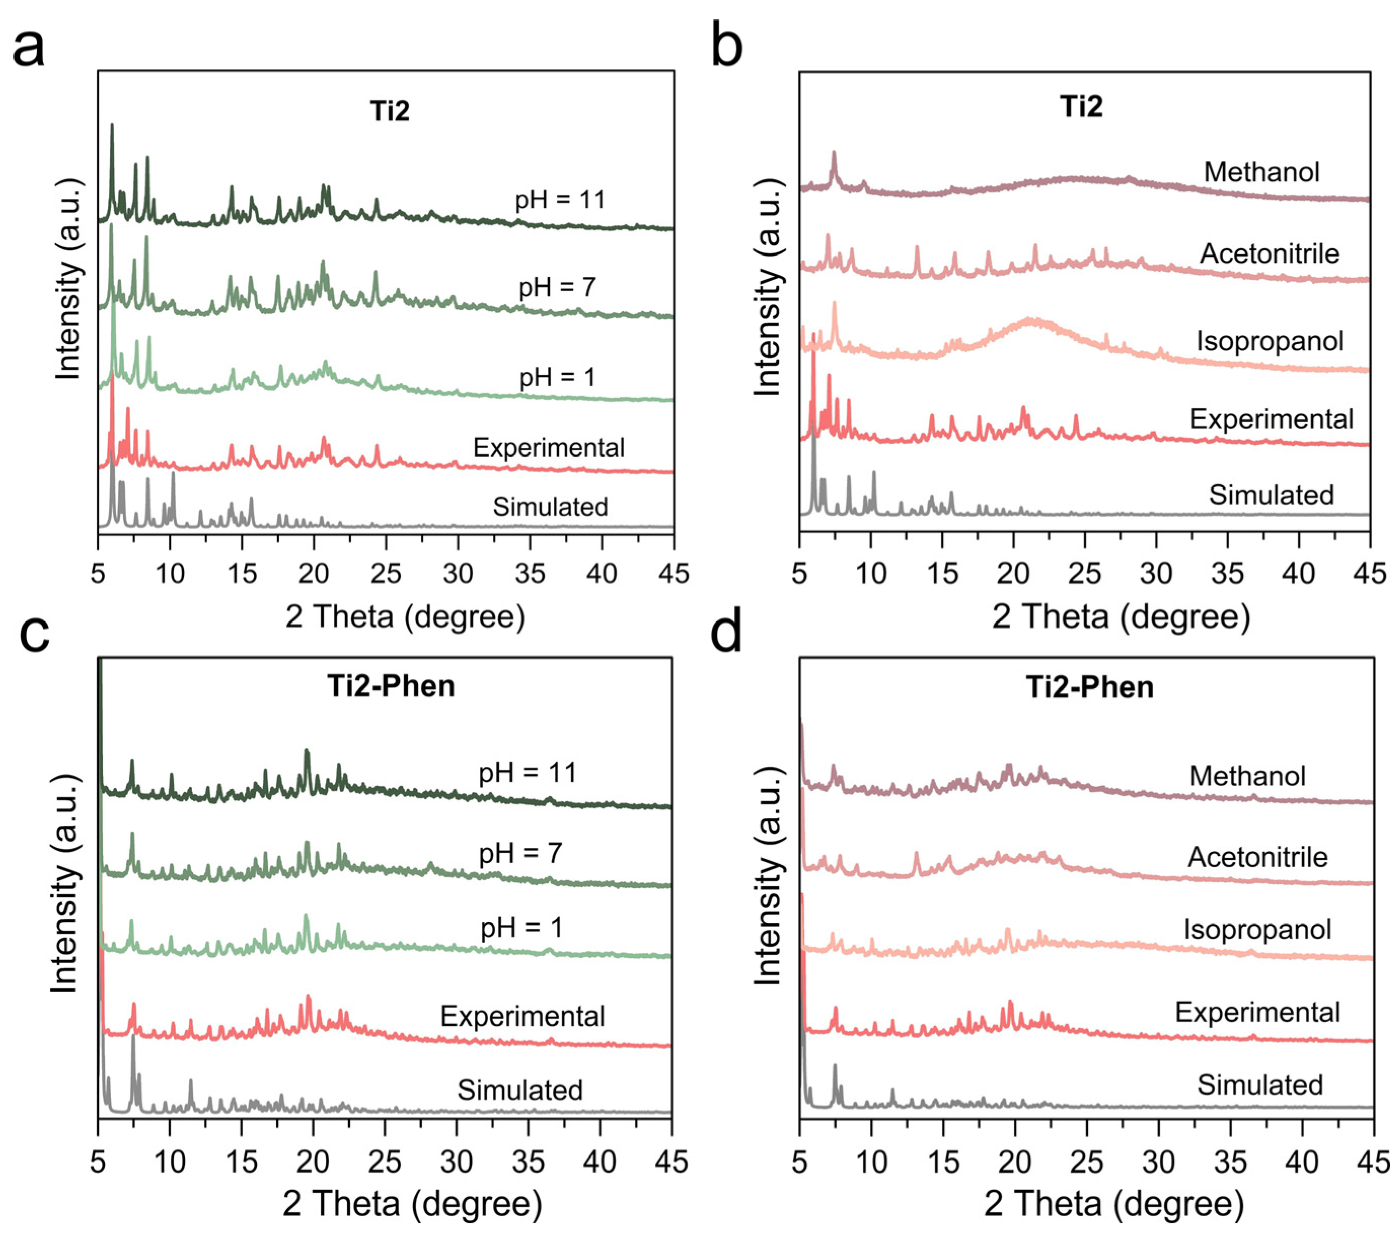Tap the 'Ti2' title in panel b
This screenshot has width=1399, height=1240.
click(1081, 107)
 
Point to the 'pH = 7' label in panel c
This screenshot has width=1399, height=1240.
click(520, 854)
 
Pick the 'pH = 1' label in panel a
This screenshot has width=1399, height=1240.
click(557, 377)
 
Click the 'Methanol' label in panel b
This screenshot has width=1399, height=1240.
click(1261, 172)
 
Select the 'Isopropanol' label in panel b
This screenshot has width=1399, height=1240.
click(1270, 341)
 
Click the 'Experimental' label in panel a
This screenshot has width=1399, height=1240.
click(548, 448)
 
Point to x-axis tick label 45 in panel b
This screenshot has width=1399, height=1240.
click(1370, 573)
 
